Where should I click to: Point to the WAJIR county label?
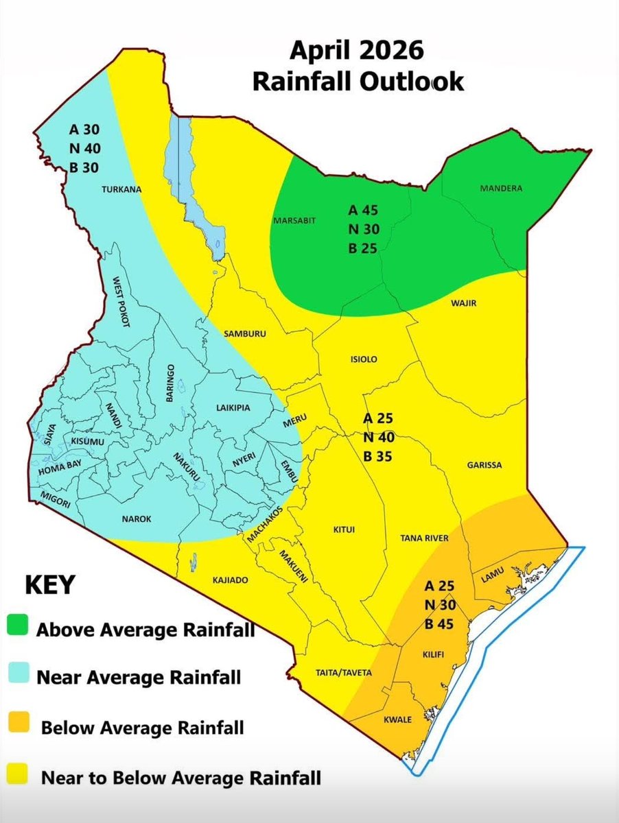(465, 302)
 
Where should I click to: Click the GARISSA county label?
(484, 465)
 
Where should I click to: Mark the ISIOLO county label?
(364, 359)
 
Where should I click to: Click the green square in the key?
(19, 626)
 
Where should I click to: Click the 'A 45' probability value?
(363, 210)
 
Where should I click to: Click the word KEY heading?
(48, 587)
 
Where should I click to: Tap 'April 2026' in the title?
(356, 51)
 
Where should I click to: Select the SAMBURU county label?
(244, 334)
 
